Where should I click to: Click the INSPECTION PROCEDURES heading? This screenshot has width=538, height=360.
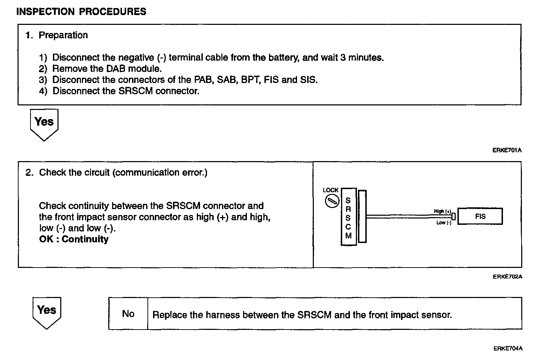point(81,12)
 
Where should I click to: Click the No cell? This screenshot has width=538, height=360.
point(128,314)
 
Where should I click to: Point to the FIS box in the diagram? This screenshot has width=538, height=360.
point(480,216)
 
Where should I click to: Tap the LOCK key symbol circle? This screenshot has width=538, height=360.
point(331,201)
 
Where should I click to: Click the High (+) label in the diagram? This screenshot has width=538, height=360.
point(442,211)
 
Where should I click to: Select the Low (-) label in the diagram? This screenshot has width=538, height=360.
point(444,223)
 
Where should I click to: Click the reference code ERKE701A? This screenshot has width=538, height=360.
point(507,151)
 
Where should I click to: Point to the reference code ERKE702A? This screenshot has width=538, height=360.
point(508,277)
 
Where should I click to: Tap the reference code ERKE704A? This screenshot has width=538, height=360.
point(508,348)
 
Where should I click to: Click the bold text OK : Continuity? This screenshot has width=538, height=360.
point(74,239)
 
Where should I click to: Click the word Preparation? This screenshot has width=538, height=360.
point(63,35)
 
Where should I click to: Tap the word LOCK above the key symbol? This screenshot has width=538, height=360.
point(331,190)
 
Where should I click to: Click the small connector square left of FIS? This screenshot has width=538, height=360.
point(453,216)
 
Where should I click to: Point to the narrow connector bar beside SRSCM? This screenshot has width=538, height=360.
point(363,216)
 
